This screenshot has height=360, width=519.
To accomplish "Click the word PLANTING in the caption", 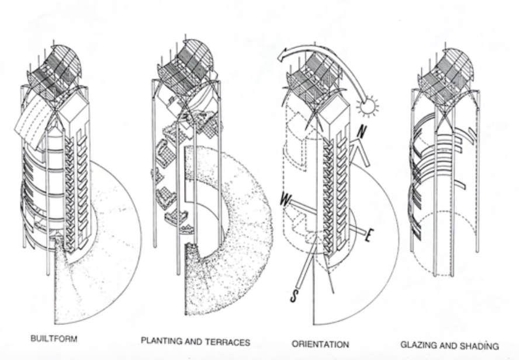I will click(x=160, y=340).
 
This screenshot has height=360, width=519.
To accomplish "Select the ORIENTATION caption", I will click(x=321, y=344).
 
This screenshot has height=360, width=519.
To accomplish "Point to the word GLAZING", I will click(x=418, y=345).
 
